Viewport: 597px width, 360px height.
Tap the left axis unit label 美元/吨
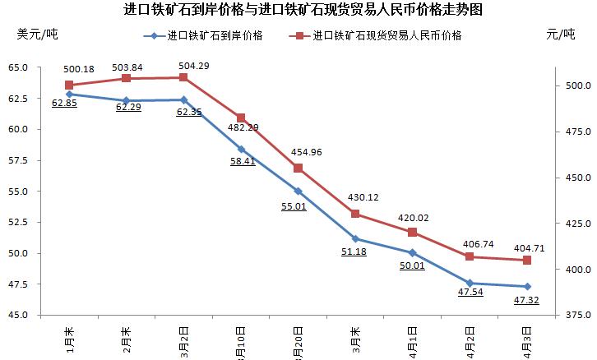[37, 35]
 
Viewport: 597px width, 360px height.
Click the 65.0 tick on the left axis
[18, 67]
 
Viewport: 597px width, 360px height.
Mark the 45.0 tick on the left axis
[18, 315]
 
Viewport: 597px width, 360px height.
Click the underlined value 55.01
[294, 206]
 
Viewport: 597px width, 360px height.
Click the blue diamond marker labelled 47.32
[527, 286]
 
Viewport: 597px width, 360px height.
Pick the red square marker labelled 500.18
[69, 85]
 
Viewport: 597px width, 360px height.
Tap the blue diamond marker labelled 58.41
[241, 149]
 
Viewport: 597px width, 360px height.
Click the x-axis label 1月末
[70, 340]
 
